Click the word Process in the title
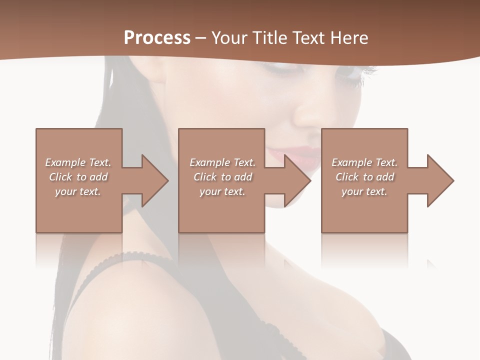click(157, 37)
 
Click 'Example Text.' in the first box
click(78, 162)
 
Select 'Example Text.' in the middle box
click(222, 162)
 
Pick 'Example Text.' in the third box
click(364, 162)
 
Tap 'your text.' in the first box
click(78, 191)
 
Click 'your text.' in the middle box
click(222, 191)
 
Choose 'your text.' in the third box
click(364, 191)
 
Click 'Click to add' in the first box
click(78, 177)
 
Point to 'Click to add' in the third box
click(364, 177)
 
